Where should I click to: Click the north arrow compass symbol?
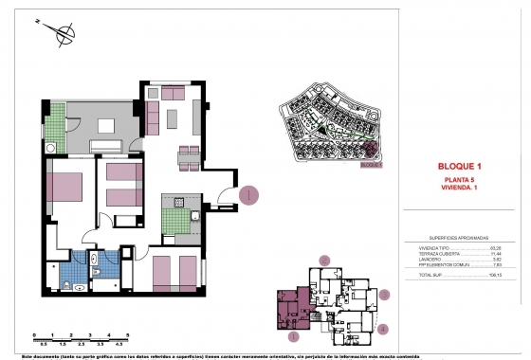(x=64, y=36)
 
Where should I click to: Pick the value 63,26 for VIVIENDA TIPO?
(x=494, y=246)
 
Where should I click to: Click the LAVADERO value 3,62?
(x=495, y=259)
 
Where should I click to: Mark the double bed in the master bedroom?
(x=67, y=186)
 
